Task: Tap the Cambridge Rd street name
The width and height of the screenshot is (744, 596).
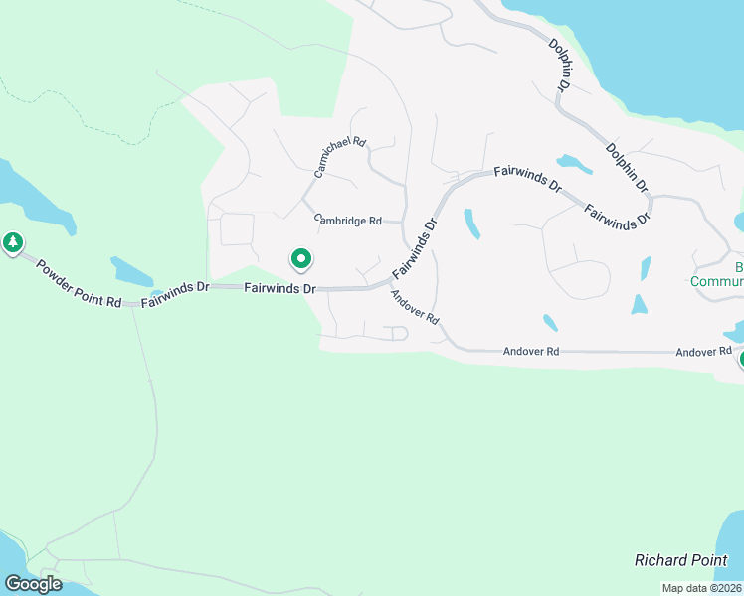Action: tap(348, 220)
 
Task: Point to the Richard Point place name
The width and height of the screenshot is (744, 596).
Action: tap(681, 560)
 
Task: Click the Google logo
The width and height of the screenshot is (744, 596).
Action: tap(33, 583)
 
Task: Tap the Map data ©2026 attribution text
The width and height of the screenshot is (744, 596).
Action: tap(702, 588)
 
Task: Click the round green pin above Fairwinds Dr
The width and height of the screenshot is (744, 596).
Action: tap(300, 259)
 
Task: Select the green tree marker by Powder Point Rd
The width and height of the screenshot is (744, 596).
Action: tap(13, 242)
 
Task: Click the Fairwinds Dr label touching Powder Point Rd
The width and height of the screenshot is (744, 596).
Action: tap(175, 288)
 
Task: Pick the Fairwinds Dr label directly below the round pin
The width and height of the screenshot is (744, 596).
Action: tap(280, 288)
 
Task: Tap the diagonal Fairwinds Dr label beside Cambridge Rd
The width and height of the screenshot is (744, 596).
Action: tap(415, 247)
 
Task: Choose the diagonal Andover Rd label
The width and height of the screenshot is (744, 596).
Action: tap(415, 307)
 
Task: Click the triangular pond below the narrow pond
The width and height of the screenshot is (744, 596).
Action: tap(639, 305)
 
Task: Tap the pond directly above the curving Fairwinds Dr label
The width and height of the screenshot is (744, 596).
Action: tap(573, 163)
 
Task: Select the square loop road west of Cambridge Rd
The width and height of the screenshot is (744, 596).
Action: tap(237, 228)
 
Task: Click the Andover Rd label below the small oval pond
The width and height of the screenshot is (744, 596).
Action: tap(530, 351)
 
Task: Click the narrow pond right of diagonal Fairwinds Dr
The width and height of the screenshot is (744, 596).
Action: tap(471, 223)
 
